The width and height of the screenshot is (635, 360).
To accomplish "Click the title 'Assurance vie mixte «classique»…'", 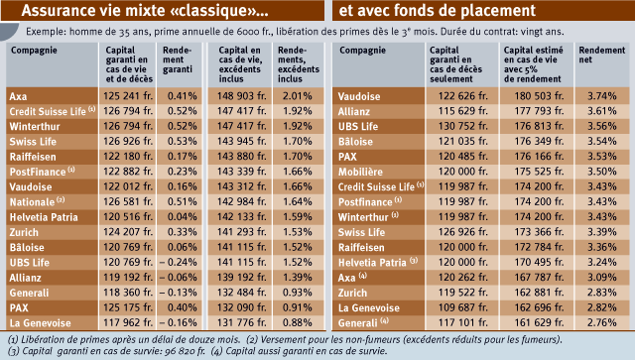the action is coord(145,11).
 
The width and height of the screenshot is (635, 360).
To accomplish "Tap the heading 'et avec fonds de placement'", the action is coord(438,11).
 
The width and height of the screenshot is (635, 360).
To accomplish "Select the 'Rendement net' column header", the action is coord(602,56).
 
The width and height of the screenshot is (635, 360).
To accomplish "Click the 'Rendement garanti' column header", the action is coord(177,60).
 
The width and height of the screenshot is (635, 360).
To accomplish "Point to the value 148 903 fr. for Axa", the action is coord(241,96).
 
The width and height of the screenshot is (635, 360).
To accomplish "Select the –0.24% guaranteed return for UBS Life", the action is coord(179,262).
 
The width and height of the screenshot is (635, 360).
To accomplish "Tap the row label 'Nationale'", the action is coord(32,202).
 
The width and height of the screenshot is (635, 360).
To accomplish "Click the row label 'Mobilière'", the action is coord(360,172).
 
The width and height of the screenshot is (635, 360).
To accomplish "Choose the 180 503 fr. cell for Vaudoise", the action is coord(539,96).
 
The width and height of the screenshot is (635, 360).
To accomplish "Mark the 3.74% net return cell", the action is coord(602,96).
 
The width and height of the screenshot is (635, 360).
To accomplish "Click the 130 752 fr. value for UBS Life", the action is coord(463,126).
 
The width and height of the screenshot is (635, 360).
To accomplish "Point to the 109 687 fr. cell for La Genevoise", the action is coord(463,307).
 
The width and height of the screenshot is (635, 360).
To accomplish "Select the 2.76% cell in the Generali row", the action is coord(602,322).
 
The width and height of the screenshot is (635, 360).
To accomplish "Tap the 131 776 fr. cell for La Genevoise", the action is coord(241,322).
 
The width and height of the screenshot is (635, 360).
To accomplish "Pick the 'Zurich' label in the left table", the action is coord(24,232).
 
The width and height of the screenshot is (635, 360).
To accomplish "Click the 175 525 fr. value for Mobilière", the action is coord(539,172).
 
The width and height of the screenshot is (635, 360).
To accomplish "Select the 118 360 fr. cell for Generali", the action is coord(128,293).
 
